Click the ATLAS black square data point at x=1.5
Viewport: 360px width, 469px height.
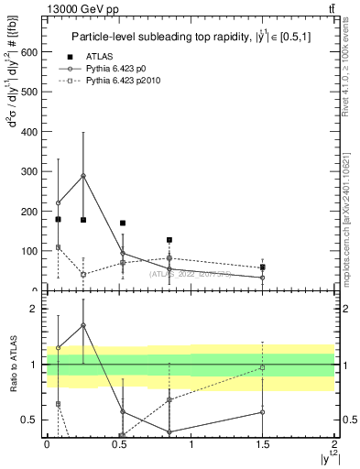coord(262,267)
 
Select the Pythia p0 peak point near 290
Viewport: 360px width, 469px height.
coord(83,176)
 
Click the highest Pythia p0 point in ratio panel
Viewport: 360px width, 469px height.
coord(83,325)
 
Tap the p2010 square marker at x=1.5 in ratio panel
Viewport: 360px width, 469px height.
coord(262,367)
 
